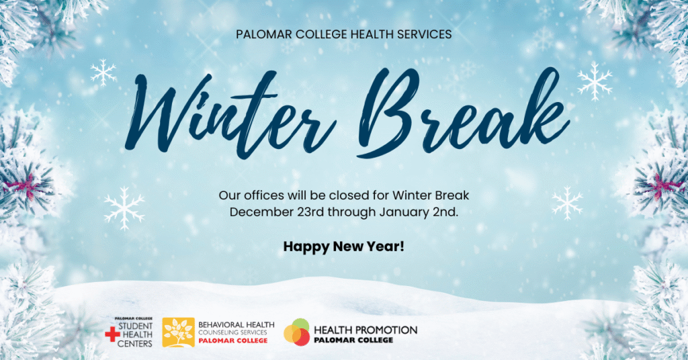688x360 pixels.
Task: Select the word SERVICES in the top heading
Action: coord(419,34)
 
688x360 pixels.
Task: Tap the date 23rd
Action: coord(308,212)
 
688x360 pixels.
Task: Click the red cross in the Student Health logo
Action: coord(112,334)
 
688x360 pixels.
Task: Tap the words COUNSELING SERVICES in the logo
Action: coord(232,332)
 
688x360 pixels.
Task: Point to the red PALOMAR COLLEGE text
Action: coord(232,341)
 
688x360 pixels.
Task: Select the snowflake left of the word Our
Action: coord(124,208)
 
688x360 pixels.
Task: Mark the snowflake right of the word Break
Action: coord(595,81)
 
